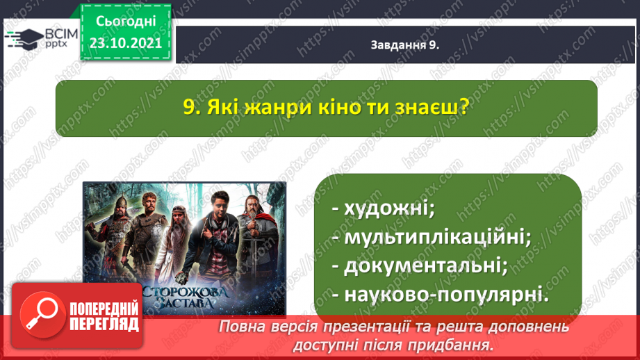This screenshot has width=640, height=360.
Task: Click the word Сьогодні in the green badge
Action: [126, 22]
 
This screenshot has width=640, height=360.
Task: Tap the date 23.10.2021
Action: [126, 43]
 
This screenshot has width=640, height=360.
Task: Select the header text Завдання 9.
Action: [405, 45]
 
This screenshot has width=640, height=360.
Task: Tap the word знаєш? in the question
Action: [432, 107]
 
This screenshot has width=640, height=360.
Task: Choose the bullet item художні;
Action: [384, 208]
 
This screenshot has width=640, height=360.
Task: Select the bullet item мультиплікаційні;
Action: [432, 237]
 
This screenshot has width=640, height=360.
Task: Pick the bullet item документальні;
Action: [420, 266]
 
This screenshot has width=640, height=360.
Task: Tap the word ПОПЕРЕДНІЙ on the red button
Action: [104, 309]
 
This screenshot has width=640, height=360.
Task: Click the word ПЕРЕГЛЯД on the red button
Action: [104, 325]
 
